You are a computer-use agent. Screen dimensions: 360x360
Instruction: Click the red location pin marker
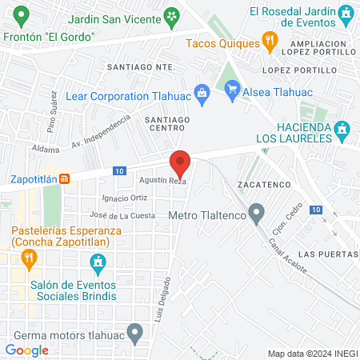[x=181, y=163]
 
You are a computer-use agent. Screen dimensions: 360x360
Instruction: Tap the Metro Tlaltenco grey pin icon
[x=257, y=214]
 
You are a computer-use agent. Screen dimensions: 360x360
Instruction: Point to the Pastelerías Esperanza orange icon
[x=30, y=258]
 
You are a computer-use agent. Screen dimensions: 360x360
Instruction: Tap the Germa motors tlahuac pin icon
[x=135, y=331]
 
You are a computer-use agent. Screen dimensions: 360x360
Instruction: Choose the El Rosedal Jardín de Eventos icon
[x=346, y=12]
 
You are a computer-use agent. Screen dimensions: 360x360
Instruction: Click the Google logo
[x=26, y=350]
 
